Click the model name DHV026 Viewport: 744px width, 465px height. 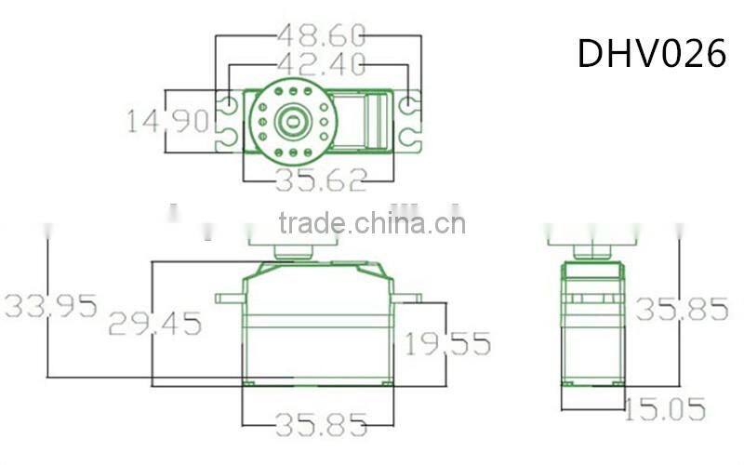pos(652,53)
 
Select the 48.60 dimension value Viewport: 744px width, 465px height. pos(321,35)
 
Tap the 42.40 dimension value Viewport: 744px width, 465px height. pos(321,64)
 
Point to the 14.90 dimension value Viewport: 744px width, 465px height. pos(168,121)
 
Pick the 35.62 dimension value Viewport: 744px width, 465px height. pos(321,179)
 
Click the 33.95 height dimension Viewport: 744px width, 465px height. pos(51,306)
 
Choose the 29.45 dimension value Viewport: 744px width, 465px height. pos(154,323)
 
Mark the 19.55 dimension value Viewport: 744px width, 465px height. pos(447,343)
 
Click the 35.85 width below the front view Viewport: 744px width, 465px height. pos(321,424)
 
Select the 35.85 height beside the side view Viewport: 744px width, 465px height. pos(682,309)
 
